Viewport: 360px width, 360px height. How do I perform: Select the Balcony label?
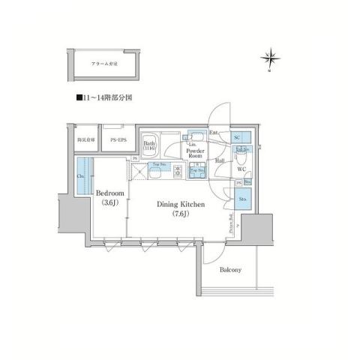coord(230,270)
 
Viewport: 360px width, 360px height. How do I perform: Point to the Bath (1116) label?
coord(150,145)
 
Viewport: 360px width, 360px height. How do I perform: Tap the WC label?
coord(241,169)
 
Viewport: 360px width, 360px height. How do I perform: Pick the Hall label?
coord(220,160)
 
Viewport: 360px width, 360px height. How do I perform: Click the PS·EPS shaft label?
coord(117,140)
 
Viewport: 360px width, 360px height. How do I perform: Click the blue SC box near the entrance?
coord(238,138)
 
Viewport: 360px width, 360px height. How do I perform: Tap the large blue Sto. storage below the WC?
coord(243,199)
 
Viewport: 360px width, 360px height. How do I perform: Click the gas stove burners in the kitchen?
coord(178,172)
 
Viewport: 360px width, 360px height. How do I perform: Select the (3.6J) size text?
coord(109,202)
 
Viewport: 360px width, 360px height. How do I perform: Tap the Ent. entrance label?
coord(214,133)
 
